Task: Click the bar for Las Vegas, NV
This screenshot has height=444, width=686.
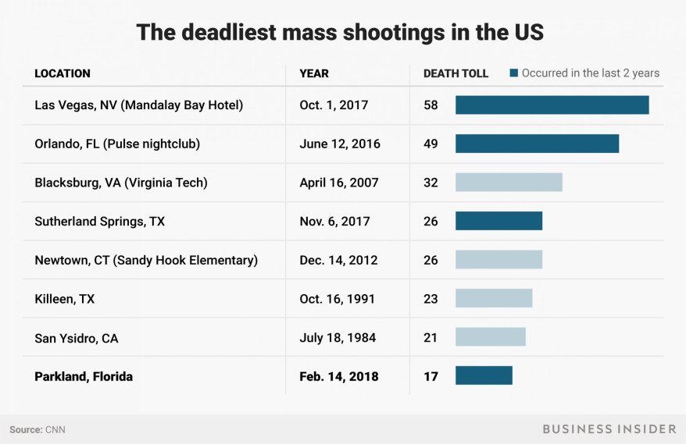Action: coord(552,105)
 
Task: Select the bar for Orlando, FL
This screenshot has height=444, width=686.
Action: coord(537,144)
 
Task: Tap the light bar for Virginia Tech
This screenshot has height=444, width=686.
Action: coord(509,183)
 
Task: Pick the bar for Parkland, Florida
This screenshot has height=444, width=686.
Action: coord(484,376)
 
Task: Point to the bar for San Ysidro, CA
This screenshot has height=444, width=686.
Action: coord(490,337)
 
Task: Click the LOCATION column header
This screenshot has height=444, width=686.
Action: coord(63,73)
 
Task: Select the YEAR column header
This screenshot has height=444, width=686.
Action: coord(314,73)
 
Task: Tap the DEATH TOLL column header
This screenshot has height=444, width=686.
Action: coord(456,73)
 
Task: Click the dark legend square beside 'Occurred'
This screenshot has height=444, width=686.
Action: coord(514,73)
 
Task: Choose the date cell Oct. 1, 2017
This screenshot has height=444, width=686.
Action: coord(334,105)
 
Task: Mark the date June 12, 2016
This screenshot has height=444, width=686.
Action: coord(339,144)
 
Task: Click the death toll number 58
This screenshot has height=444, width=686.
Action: coord(431,105)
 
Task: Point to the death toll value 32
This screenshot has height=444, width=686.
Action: coord(431,183)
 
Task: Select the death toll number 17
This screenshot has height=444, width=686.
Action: coord(431,376)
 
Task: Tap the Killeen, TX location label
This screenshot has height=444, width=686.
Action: coord(65,299)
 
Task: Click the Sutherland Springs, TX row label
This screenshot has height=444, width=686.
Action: coord(99,222)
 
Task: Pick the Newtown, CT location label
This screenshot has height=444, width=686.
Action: coord(145,260)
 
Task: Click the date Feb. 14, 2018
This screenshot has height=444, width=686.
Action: coord(338,376)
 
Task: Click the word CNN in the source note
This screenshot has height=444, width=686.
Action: coord(56,429)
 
